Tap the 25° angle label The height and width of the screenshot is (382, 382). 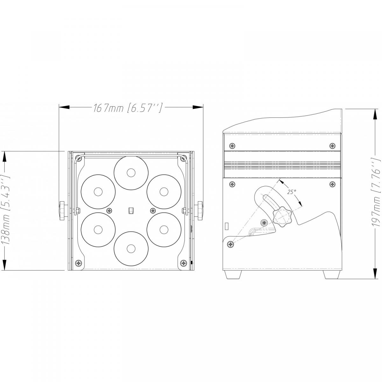(x=292, y=192)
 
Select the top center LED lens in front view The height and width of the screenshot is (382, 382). (x=131, y=173)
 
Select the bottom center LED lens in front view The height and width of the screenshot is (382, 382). (x=130, y=248)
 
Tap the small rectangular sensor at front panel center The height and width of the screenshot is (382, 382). (x=131, y=210)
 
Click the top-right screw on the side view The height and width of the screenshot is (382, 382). (x=332, y=145)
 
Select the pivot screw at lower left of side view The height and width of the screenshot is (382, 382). (x=230, y=244)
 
